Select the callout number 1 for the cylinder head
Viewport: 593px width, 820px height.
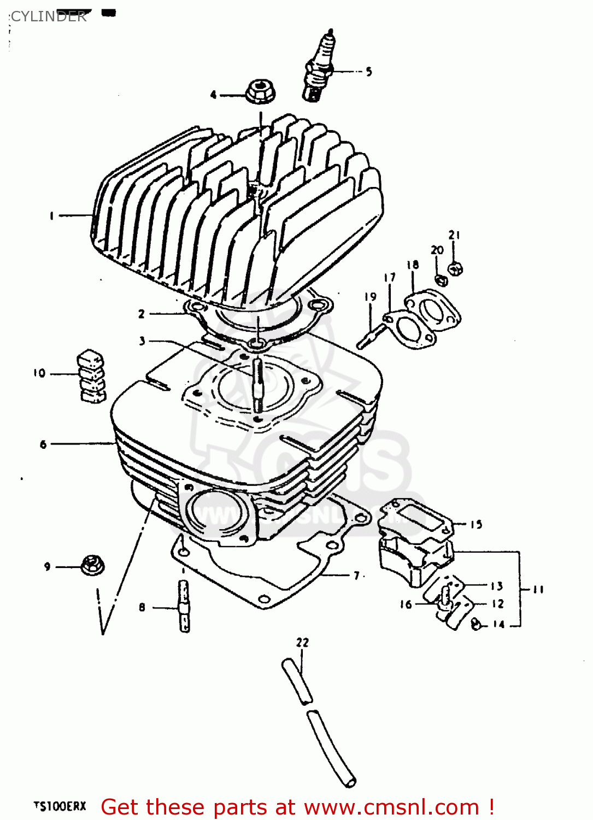(x=52, y=216)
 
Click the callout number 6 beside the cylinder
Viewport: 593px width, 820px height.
(x=43, y=444)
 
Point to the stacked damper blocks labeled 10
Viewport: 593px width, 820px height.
(x=91, y=376)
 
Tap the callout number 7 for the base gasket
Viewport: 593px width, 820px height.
(x=356, y=576)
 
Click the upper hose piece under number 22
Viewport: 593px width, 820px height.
(x=297, y=681)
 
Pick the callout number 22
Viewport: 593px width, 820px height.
(x=302, y=642)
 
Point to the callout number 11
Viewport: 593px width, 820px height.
(x=538, y=589)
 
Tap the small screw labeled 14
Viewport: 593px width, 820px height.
(x=476, y=623)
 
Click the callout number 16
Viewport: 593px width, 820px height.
(x=406, y=604)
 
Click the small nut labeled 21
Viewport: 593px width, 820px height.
(x=455, y=268)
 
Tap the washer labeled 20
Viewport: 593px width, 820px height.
(x=441, y=280)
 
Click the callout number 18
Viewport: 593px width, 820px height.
(x=413, y=265)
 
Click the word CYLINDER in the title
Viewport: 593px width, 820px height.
(x=49, y=16)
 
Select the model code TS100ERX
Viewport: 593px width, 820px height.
(x=60, y=806)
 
